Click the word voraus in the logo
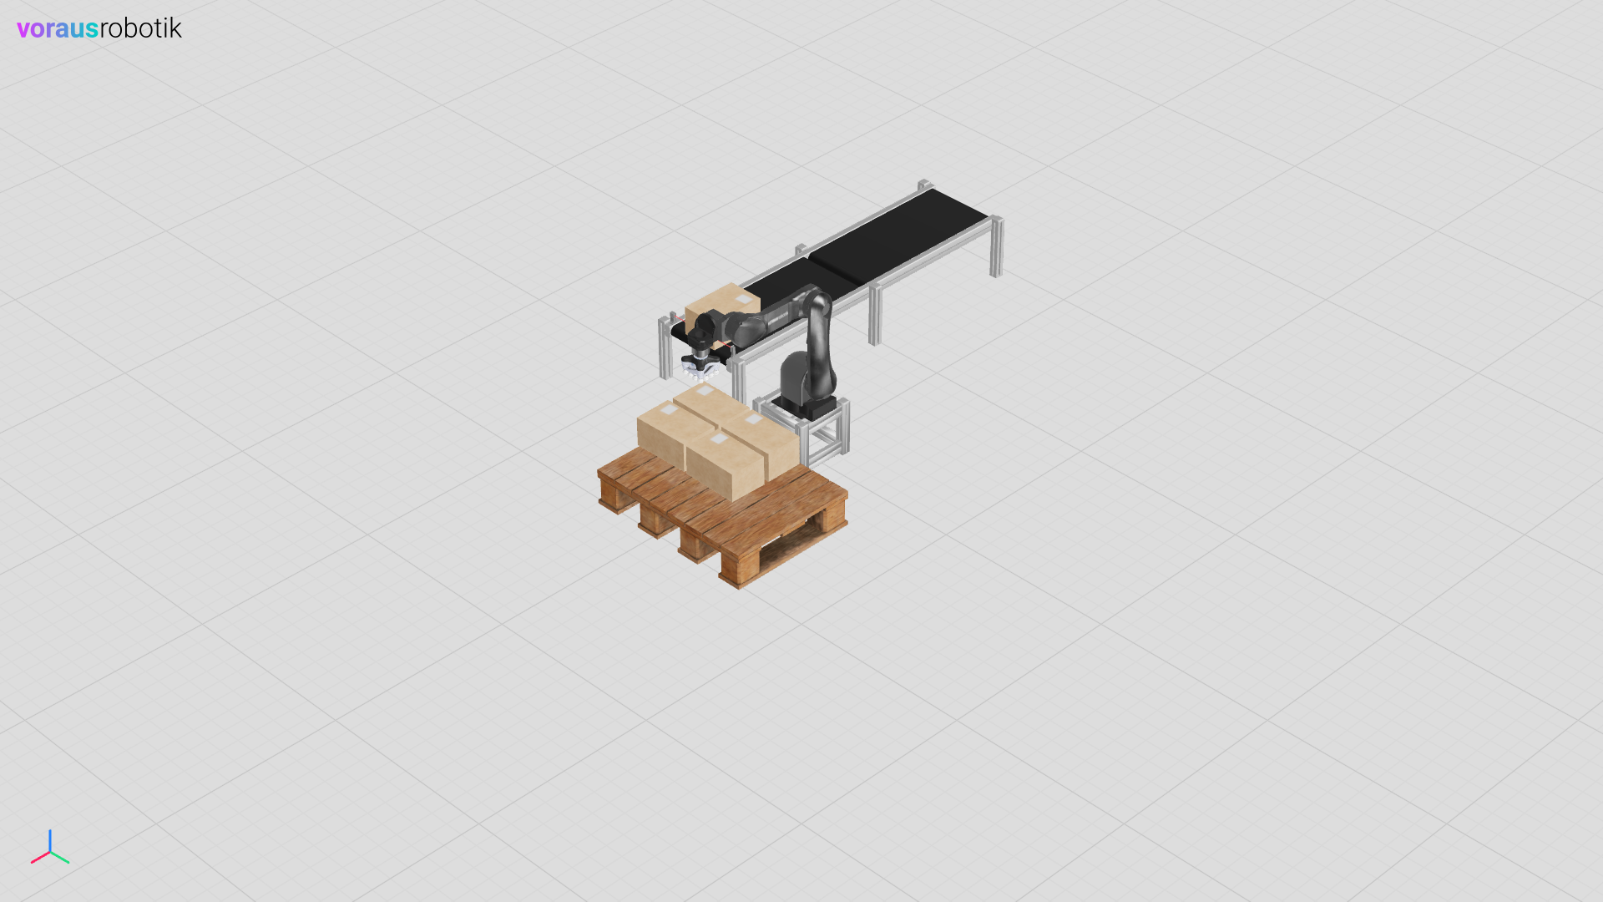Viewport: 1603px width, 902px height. [58, 28]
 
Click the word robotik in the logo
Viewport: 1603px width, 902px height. [140, 28]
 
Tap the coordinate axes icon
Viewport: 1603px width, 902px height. [50, 847]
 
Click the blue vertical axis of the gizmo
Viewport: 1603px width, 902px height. [50, 840]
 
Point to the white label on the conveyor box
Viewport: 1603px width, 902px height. [743, 298]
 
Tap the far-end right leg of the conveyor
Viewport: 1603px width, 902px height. [996, 246]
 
